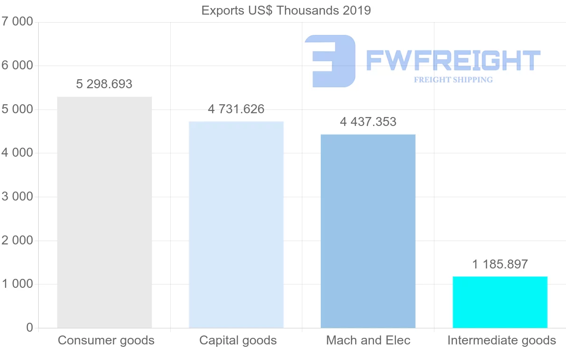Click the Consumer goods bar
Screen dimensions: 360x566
click(104, 212)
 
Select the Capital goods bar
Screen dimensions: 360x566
click(236, 225)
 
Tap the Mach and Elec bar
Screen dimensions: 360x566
click(368, 231)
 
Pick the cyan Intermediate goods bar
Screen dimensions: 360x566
click(500, 302)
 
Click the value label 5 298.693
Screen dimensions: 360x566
click(104, 84)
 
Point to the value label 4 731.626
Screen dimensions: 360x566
click(236, 109)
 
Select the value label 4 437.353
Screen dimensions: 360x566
click(368, 122)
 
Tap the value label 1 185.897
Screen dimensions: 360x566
click(500, 265)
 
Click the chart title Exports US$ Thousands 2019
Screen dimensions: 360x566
click(286, 10)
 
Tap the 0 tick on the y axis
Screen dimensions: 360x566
click(29, 328)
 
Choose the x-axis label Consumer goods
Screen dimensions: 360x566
click(106, 340)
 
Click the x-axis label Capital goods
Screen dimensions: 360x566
click(238, 340)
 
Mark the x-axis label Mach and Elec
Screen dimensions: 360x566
click(368, 340)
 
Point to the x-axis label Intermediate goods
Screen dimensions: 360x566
click(501, 340)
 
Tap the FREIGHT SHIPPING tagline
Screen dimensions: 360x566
click(453, 80)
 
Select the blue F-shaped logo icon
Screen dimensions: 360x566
click(330, 61)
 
